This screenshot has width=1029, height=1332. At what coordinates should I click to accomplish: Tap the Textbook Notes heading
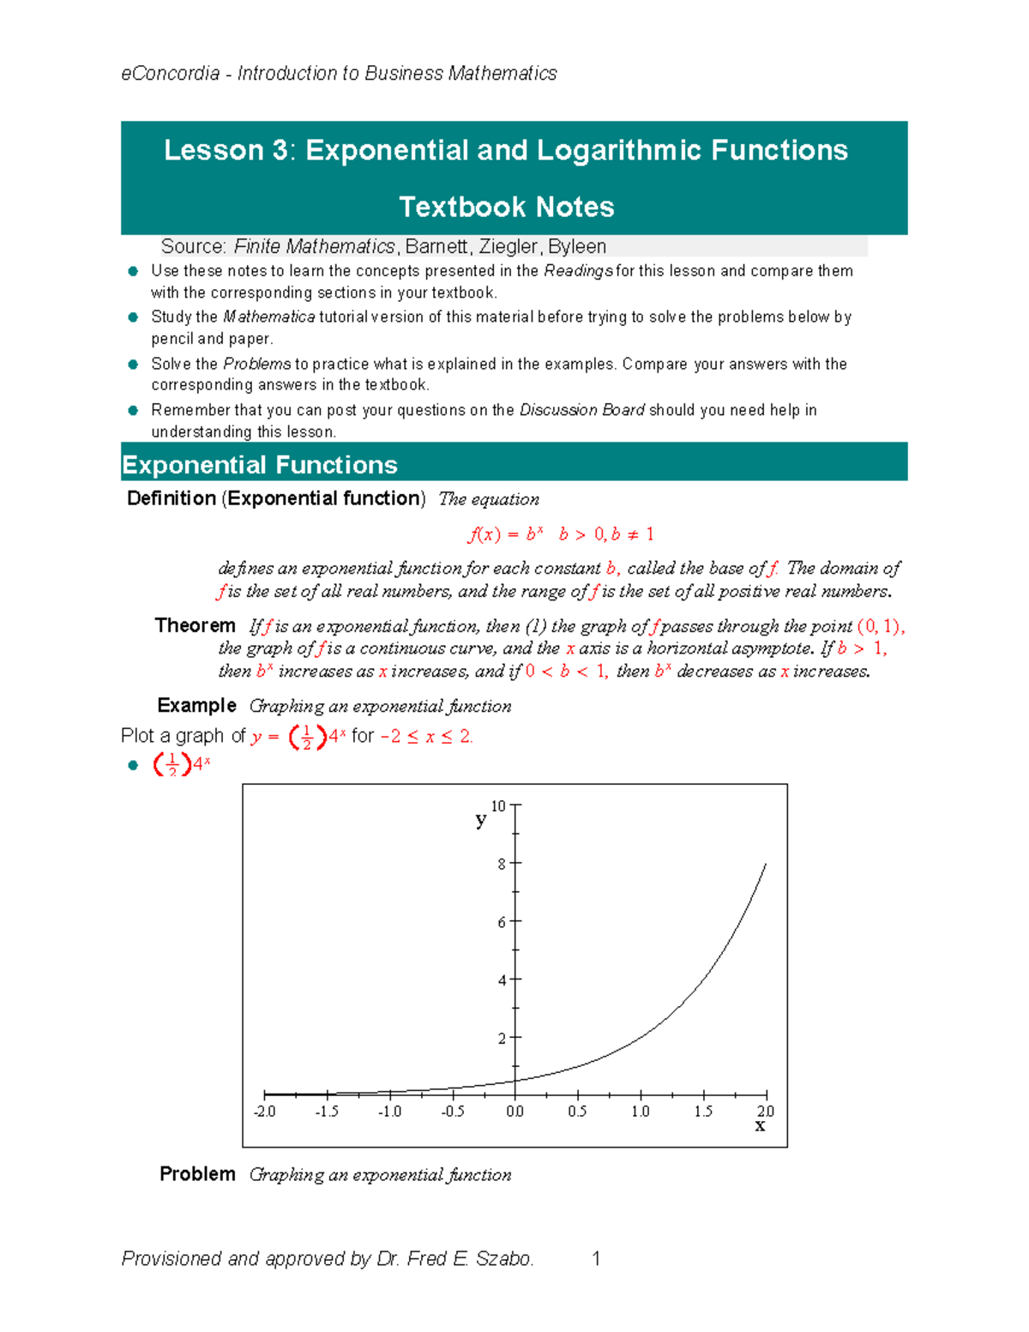(506, 207)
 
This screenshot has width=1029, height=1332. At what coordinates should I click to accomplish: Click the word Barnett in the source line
(436, 247)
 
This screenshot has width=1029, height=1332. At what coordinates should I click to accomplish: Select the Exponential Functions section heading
(259, 465)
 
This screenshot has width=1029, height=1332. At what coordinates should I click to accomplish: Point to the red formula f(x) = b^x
(505, 534)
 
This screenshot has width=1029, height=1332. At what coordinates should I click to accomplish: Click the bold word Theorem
(195, 625)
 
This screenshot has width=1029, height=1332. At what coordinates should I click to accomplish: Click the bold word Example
(196, 705)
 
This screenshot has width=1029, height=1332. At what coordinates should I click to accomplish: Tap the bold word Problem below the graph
(197, 1174)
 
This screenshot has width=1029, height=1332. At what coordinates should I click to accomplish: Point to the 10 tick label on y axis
(498, 805)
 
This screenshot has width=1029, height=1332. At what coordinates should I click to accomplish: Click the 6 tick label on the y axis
(502, 922)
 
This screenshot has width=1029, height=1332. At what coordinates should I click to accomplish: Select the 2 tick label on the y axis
(502, 1038)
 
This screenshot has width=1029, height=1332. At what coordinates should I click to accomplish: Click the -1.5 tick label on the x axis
(327, 1112)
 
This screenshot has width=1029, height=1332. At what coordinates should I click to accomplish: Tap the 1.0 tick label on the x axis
(640, 1112)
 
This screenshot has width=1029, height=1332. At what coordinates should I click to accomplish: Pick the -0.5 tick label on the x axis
(453, 1112)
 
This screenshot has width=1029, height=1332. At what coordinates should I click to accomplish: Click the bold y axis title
(480, 820)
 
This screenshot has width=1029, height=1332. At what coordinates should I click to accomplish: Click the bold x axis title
(760, 1126)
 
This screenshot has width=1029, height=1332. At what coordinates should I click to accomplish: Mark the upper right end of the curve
(765, 865)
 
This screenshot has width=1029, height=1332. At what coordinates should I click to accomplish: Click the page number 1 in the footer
(596, 1258)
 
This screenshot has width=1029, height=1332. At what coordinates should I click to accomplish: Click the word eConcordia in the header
(170, 74)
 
